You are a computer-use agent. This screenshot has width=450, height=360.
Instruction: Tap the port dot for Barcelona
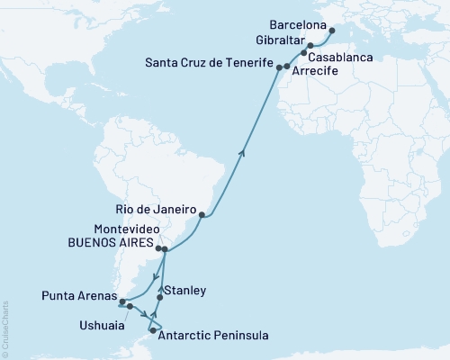[331, 30]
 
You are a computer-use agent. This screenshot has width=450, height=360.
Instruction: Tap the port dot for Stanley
[160, 297]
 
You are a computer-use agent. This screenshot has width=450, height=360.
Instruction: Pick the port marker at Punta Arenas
[110, 302]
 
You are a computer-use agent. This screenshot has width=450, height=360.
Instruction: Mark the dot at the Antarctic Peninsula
[152, 329]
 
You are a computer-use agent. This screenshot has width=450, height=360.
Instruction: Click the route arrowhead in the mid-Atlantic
[240, 153]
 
